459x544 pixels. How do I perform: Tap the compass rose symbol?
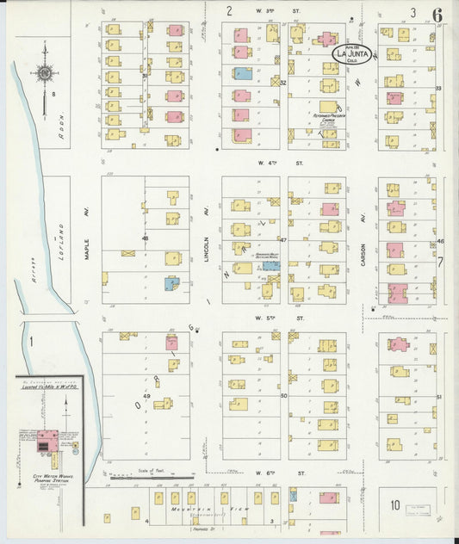click(45, 72)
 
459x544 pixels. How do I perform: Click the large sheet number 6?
click(438, 14)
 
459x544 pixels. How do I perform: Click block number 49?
click(146, 395)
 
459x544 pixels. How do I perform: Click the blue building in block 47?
click(270, 267)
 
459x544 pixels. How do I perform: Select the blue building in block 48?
click(171, 282)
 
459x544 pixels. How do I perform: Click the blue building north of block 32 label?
click(245, 74)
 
